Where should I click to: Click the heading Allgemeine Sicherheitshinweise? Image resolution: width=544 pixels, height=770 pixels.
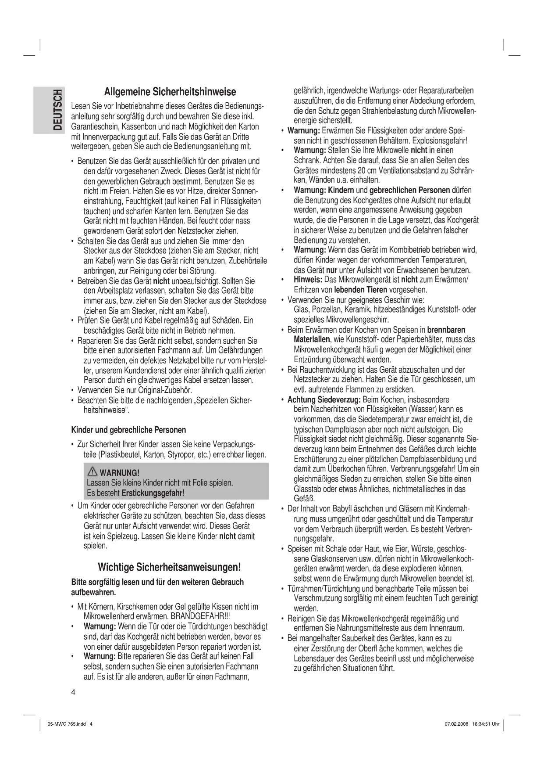point(170,92)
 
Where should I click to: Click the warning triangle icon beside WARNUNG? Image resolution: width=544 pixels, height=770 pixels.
point(92,472)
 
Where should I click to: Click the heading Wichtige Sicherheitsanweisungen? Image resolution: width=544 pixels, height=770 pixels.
point(169,567)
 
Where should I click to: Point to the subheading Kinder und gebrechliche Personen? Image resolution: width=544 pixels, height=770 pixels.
point(128,430)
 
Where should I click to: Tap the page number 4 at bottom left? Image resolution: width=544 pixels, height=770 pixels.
point(73,692)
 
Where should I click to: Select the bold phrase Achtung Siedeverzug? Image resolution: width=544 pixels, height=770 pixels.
point(324,399)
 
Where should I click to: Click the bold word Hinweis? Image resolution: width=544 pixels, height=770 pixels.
point(308,280)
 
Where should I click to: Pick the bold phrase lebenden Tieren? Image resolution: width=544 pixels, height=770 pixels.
point(360,290)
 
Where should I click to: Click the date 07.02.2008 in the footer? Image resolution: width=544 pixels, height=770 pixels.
point(457,724)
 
